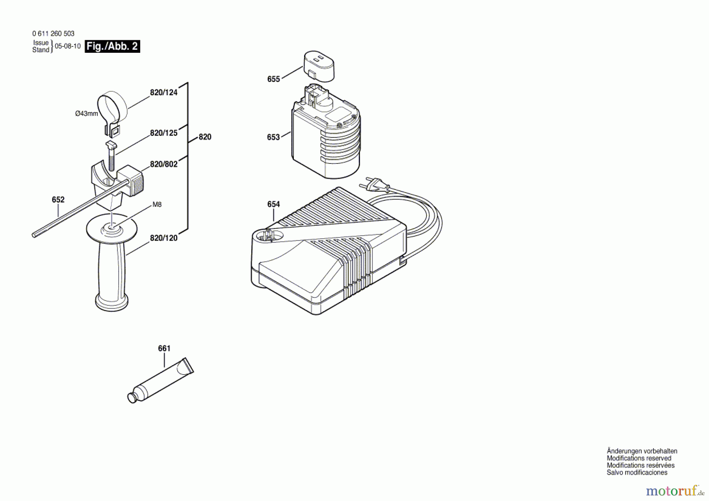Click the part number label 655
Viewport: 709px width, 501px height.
273,79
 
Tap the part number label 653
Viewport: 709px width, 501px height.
273,137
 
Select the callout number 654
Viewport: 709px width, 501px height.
273,204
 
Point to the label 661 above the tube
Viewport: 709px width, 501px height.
164,348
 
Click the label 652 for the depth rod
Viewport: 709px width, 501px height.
58,200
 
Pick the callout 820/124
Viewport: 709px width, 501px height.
164,93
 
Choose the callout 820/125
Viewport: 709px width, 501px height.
164,133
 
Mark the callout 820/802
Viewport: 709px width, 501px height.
164,164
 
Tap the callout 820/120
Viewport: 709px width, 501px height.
164,238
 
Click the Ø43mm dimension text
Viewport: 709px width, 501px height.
87,113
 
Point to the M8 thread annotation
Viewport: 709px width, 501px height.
157,204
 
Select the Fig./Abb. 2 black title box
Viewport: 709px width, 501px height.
112,46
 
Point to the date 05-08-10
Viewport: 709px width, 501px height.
68,46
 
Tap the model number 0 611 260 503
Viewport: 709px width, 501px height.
53,34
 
